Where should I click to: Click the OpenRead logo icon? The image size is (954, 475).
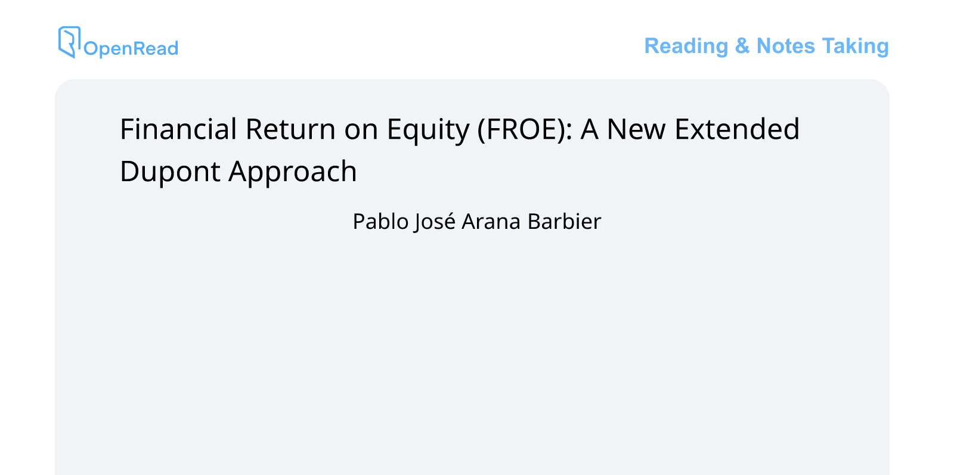click(69, 42)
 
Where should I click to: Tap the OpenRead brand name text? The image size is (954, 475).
click(131, 48)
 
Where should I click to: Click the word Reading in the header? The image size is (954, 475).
click(686, 46)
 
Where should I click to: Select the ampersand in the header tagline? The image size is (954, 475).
click(742, 46)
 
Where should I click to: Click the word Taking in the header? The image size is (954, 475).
click(855, 46)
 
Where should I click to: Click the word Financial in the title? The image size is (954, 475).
click(178, 129)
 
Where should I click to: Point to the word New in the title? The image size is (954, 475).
click(636, 129)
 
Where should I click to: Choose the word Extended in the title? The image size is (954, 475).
click(737, 129)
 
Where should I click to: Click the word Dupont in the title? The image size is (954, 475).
click(170, 172)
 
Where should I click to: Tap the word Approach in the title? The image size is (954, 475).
click(293, 172)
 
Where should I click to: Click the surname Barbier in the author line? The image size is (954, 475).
click(564, 222)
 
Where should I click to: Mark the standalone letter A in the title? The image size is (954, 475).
click(589, 129)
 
